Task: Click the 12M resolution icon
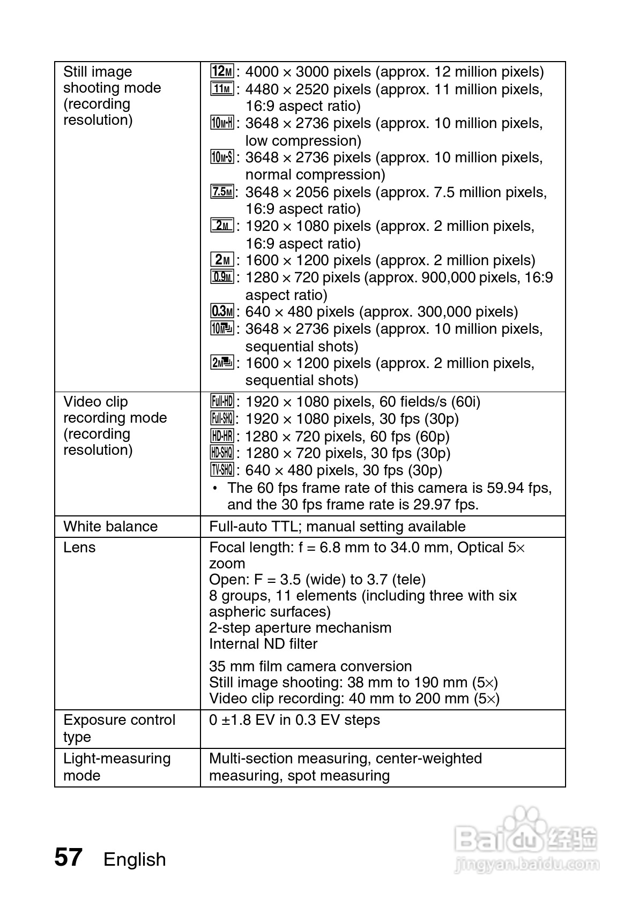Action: point(222,71)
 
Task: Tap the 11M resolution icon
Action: point(222,89)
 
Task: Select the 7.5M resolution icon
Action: point(222,192)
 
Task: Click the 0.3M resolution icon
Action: point(222,311)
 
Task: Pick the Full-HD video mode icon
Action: point(222,401)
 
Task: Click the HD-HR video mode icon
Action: point(222,436)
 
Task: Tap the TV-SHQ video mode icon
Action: point(222,470)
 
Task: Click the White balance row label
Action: point(110,527)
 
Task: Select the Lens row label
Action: point(79,547)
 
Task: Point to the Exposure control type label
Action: point(119,728)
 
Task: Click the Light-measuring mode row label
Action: point(117,767)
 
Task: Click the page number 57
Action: point(69,858)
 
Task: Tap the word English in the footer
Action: point(135,859)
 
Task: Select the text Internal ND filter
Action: point(263,644)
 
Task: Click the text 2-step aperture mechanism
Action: point(300,628)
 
